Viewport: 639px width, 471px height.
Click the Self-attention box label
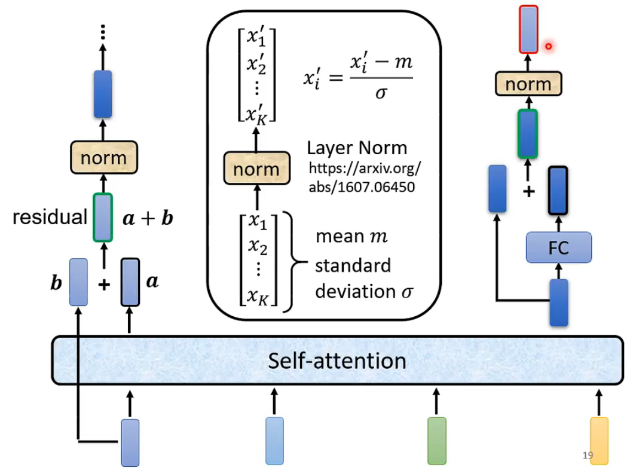(337, 361)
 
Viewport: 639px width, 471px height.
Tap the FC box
(558, 247)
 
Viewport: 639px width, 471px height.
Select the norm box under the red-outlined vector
(528, 84)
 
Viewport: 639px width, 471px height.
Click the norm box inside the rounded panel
(256, 169)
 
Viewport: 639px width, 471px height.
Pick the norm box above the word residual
(103, 158)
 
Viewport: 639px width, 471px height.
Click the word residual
(50, 217)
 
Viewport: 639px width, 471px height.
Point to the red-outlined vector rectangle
(528, 29)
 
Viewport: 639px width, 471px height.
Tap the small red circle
(548, 46)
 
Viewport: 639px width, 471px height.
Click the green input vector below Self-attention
(437, 441)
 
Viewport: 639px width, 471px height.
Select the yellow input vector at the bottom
(599, 441)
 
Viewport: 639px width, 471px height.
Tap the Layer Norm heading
(357, 148)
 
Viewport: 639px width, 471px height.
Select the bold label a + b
(148, 218)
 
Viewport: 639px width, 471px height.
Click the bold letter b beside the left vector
(56, 283)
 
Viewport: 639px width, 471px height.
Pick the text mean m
(351, 237)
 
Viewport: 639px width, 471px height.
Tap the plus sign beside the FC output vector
(528, 192)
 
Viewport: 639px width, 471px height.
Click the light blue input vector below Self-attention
(274, 441)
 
